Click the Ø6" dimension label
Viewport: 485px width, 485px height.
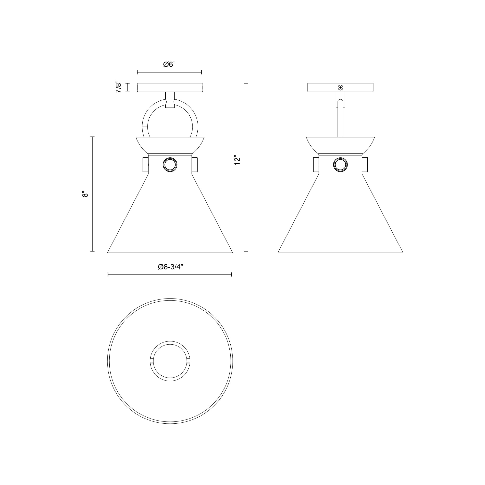tap(169, 65)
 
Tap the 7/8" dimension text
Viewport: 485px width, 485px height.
tap(119, 87)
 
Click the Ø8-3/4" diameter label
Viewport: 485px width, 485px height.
tap(170, 267)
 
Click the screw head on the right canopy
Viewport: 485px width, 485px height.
tap(340, 87)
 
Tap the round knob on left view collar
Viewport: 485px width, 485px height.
tap(170, 165)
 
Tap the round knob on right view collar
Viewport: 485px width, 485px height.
tap(340, 165)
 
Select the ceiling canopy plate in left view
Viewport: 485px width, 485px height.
tap(170, 87)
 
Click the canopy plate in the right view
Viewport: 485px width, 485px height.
tap(324, 87)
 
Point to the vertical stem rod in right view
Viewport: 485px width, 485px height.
tap(340, 121)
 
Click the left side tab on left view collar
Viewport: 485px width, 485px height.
tap(145, 165)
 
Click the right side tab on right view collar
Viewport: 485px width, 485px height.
tap(365, 165)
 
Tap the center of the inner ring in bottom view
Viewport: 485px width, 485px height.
tap(170, 361)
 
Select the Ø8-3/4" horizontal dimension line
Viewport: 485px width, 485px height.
tap(170, 275)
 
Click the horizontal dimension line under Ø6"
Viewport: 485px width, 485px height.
tap(169, 73)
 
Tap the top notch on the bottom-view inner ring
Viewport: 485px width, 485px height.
tap(170, 343)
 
